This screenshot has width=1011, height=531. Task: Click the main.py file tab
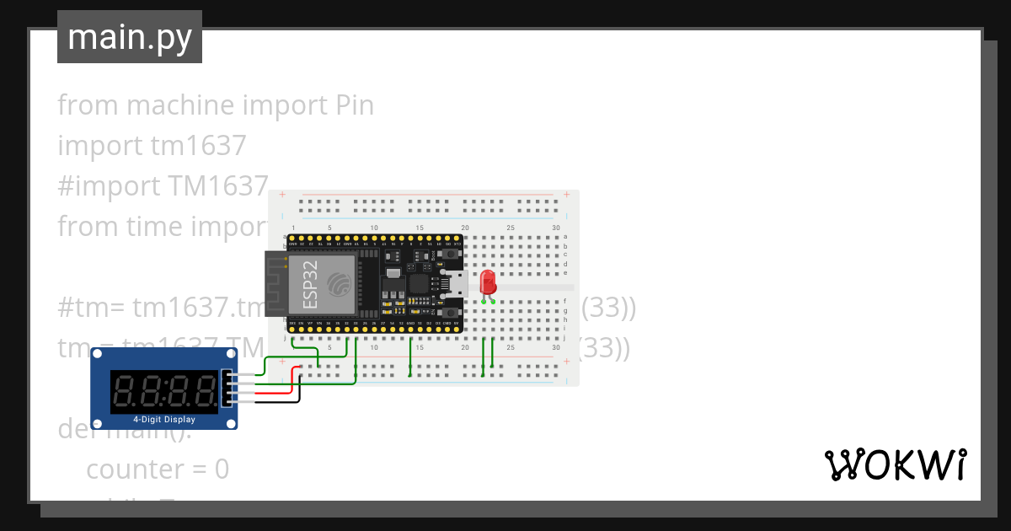point(129,37)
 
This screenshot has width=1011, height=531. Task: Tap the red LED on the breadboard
point(487,283)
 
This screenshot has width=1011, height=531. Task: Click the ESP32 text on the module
point(309,285)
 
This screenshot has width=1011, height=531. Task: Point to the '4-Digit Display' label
point(164,419)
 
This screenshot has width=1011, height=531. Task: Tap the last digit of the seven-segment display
point(203,390)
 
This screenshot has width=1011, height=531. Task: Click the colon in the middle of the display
point(164,390)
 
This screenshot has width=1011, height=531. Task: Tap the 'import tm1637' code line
point(152,146)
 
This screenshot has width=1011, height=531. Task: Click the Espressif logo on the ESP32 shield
point(340,285)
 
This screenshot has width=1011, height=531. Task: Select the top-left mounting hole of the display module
point(99,357)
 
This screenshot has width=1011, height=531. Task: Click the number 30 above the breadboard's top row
point(556,228)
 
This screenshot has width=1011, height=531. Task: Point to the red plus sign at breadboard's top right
point(567,195)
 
